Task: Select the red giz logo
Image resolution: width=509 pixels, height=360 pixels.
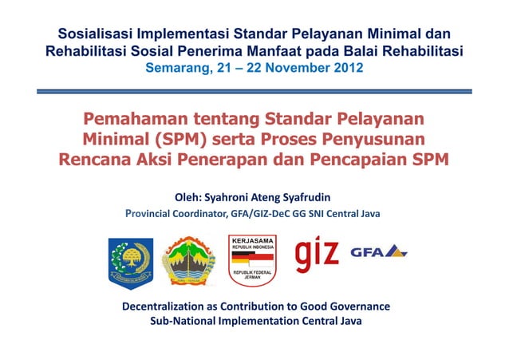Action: pos(318,255)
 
